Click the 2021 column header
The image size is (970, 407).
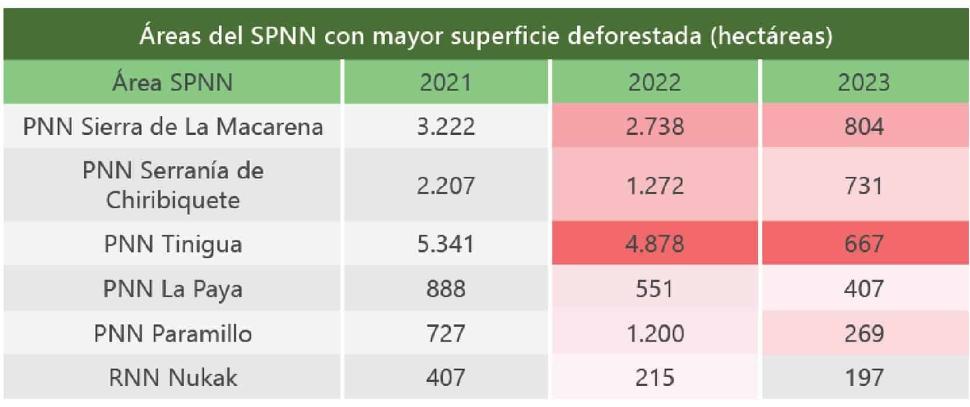pyautogui.click(x=446, y=83)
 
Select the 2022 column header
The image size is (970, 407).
pyautogui.click(x=654, y=83)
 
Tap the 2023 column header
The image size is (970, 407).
pyautogui.click(x=864, y=83)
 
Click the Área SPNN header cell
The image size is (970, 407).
pyautogui.click(x=172, y=83)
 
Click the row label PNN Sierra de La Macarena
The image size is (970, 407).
pyautogui.click(x=172, y=127)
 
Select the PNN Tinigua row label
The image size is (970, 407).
pyautogui.click(x=172, y=244)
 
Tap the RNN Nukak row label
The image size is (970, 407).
pyautogui.click(x=172, y=378)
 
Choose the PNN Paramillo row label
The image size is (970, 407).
pyautogui.click(x=172, y=334)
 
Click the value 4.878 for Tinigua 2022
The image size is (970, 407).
pyautogui.click(x=654, y=244)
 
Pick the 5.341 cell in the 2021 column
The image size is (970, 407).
pyautogui.click(x=446, y=244)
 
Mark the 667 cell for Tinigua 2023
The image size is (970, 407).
pyautogui.click(x=864, y=244)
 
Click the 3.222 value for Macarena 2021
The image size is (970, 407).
pyautogui.click(x=446, y=127)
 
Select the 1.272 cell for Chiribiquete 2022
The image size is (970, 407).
pyautogui.click(x=654, y=186)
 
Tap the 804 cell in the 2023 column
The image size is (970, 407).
pyautogui.click(x=864, y=127)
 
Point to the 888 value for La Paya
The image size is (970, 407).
pyautogui.click(x=446, y=289)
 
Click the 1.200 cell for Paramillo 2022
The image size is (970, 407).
pyautogui.click(x=654, y=334)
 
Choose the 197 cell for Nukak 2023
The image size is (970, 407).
pyautogui.click(x=864, y=378)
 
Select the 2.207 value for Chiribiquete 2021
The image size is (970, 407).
pyautogui.click(x=446, y=186)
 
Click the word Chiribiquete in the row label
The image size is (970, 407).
pyautogui.click(x=172, y=201)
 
